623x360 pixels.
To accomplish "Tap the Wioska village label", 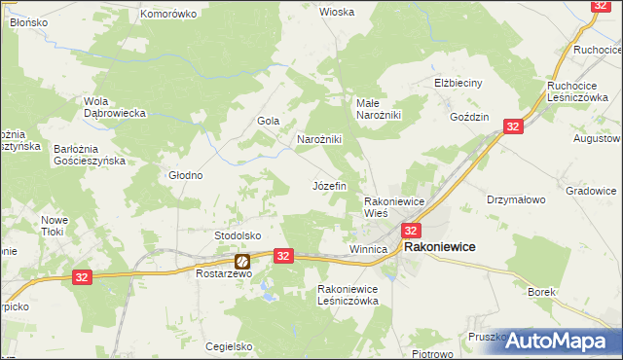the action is click(337, 12).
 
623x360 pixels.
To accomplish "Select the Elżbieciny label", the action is click(458, 83).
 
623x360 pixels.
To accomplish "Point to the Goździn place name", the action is click(469, 116).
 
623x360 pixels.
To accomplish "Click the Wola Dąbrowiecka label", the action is click(115, 107).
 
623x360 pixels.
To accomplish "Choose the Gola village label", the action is click(269, 121).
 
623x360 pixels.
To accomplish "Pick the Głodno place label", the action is click(185, 176).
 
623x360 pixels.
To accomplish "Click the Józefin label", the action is click(329, 185).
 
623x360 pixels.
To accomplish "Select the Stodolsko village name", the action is click(238, 235).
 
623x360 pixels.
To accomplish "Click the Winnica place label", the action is click(368, 249).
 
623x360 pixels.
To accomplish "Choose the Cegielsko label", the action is click(230, 346).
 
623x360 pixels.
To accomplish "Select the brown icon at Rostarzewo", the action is click(241, 261).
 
